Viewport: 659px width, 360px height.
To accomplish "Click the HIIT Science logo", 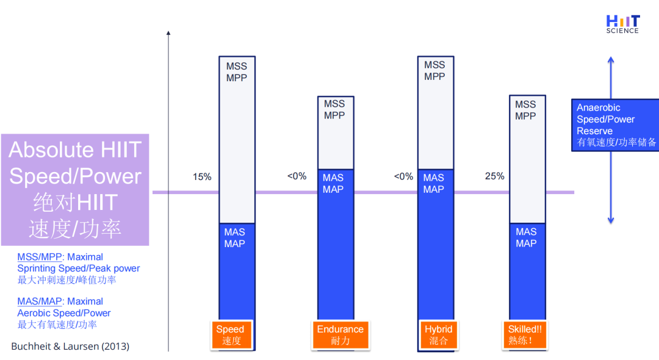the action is [x=623, y=24].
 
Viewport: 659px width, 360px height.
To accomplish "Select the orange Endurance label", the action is [x=340, y=335].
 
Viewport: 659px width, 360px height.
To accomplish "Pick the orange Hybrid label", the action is [x=438, y=335].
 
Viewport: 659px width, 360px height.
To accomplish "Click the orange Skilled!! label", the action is [x=525, y=335].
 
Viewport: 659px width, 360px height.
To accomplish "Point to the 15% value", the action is [x=202, y=177].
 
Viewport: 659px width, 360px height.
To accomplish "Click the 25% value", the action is [x=494, y=176].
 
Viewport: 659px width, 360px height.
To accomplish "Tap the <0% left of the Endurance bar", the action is [x=297, y=176].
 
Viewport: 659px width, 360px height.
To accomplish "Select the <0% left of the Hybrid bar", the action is [x=403, y=176].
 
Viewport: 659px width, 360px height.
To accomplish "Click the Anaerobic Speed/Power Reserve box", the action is [x=615, y=124].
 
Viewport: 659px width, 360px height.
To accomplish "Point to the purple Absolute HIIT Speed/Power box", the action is [x=75, y=189].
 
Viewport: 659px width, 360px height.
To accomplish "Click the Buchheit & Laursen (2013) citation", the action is [x=70, y=346].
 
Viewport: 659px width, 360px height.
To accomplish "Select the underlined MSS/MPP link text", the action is [x=40, y=257].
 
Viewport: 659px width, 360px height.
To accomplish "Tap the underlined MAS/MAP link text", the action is [x=40, y=301].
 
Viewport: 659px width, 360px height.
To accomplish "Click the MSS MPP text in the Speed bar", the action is [x=237, y=72].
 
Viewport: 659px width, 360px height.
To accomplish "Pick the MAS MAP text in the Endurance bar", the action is [x=333, y=184].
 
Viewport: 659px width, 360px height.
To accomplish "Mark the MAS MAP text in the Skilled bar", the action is [x=526, y=237].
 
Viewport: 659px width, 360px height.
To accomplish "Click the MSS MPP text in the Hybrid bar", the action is [x=434, y=71].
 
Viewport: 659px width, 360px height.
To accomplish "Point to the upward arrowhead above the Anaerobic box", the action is [x=611, y=60].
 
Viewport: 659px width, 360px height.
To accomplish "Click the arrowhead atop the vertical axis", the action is [x=168, y=33].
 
